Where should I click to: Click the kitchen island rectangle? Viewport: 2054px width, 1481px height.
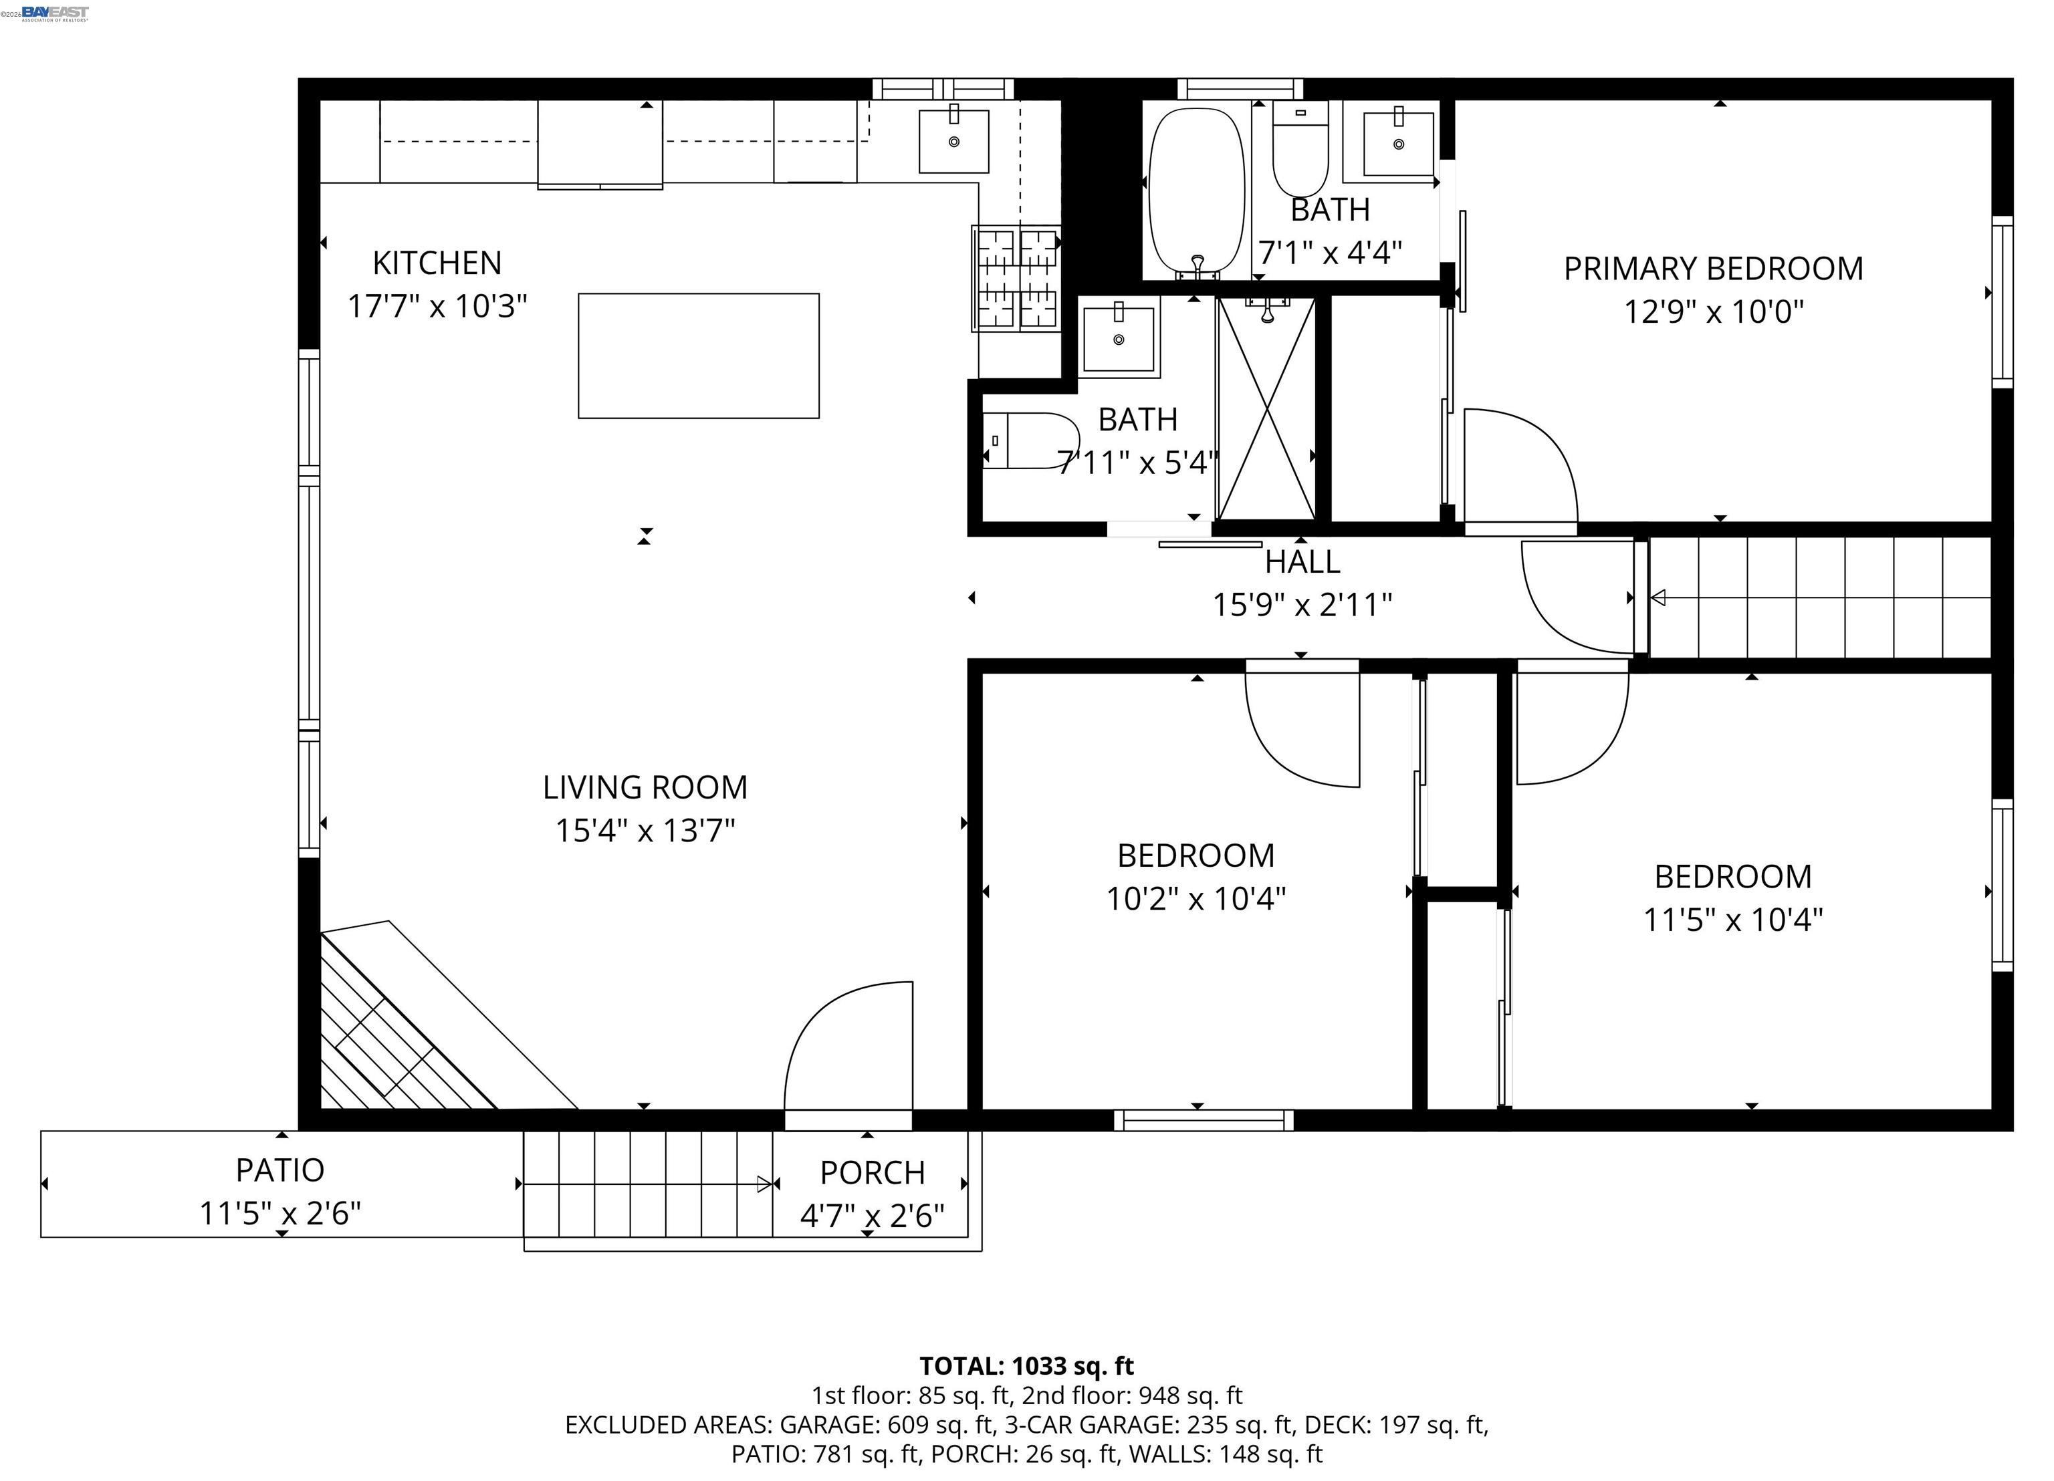(x=698, y=356)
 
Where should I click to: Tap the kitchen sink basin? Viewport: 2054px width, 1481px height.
(x=953, y=140)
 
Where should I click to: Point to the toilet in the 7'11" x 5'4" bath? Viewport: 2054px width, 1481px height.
(x=1030, y=441)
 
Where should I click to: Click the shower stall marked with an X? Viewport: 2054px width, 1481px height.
(x=1267, y=409)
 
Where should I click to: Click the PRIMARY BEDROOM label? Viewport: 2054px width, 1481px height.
(x=1714, y=269)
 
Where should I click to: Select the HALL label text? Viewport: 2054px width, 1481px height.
(x=1302, y=562)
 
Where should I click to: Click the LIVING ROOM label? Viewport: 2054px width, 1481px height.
(x=645, y=787)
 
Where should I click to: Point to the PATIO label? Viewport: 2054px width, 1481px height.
(x=280, y=1170)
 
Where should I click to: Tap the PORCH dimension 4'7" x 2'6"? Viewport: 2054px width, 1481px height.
(x=872, y=1215)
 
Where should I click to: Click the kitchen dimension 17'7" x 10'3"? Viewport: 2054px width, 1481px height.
(x=437, y=306)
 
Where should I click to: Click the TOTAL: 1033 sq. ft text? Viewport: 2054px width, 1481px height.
(x=1027, y=1366)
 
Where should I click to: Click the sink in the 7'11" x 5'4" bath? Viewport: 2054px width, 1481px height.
(x=1119, y=338)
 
